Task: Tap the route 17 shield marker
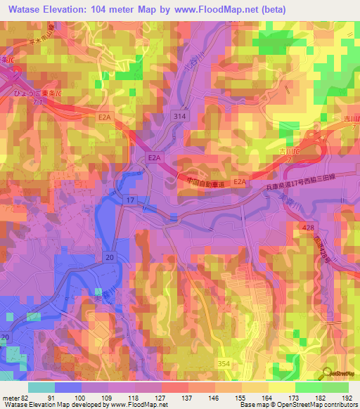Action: pos(130,201)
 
